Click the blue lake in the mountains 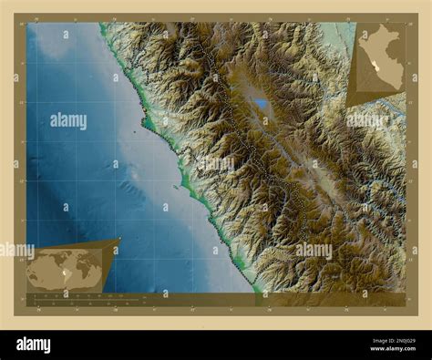pos(262,104)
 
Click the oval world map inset pos(65,269)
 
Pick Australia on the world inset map pos(92,277)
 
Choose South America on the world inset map pos(49,274)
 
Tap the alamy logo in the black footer pos(33,344)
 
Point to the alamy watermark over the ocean pos(68,120)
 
